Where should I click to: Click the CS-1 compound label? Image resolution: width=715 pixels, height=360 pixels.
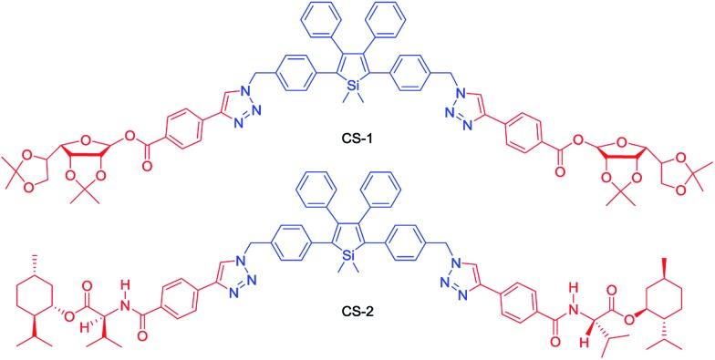[357, 140]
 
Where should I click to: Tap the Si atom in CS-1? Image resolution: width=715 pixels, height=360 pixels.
[357, 87]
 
